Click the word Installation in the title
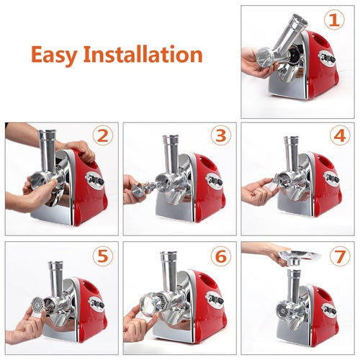pyautogui.click(x=147, y=55)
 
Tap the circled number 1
pyautogui.click(x=333, y=20)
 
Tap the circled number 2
pyautogui.click(x=103, y=135)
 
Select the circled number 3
pyautogui.click(x=220, y=135)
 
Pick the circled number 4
pyautogui.click(x=338, y=135)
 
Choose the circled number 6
pyautogui.click(x=220, y=254)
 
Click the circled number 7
pyautogui.click(x=338, y=254)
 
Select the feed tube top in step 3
pyautogui.click(x=170, y=138)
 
